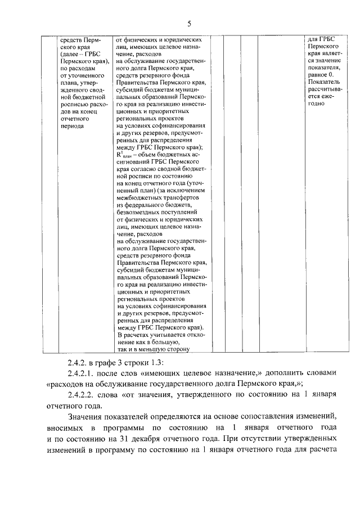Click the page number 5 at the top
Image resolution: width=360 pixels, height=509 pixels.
188,23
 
